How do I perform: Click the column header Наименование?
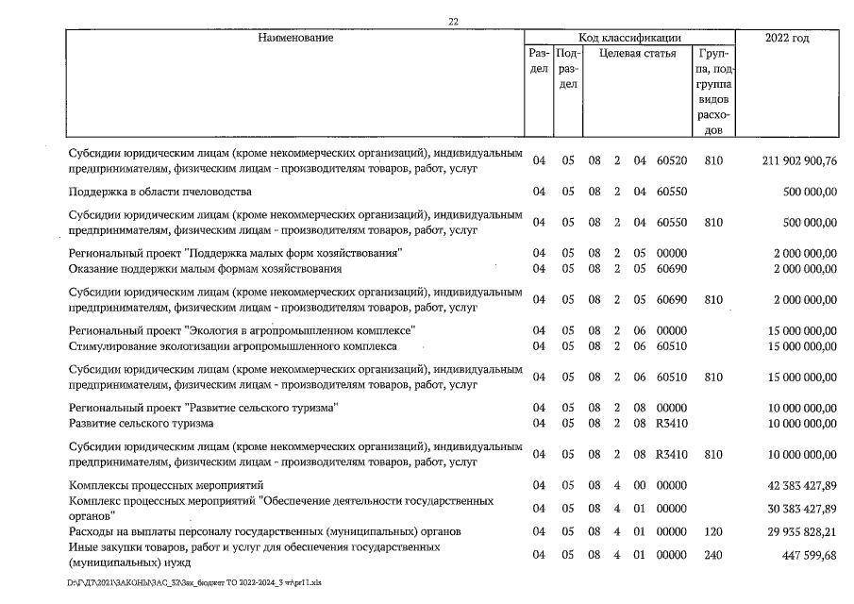click(295, 38)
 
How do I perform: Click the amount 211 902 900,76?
click(798, 161)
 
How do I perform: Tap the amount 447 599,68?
click(804, 555)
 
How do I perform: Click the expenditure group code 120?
click(713, 531)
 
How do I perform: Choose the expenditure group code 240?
click(713, 555)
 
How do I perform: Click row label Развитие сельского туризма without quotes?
click(142, 423)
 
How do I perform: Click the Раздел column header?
click(539, 61)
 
